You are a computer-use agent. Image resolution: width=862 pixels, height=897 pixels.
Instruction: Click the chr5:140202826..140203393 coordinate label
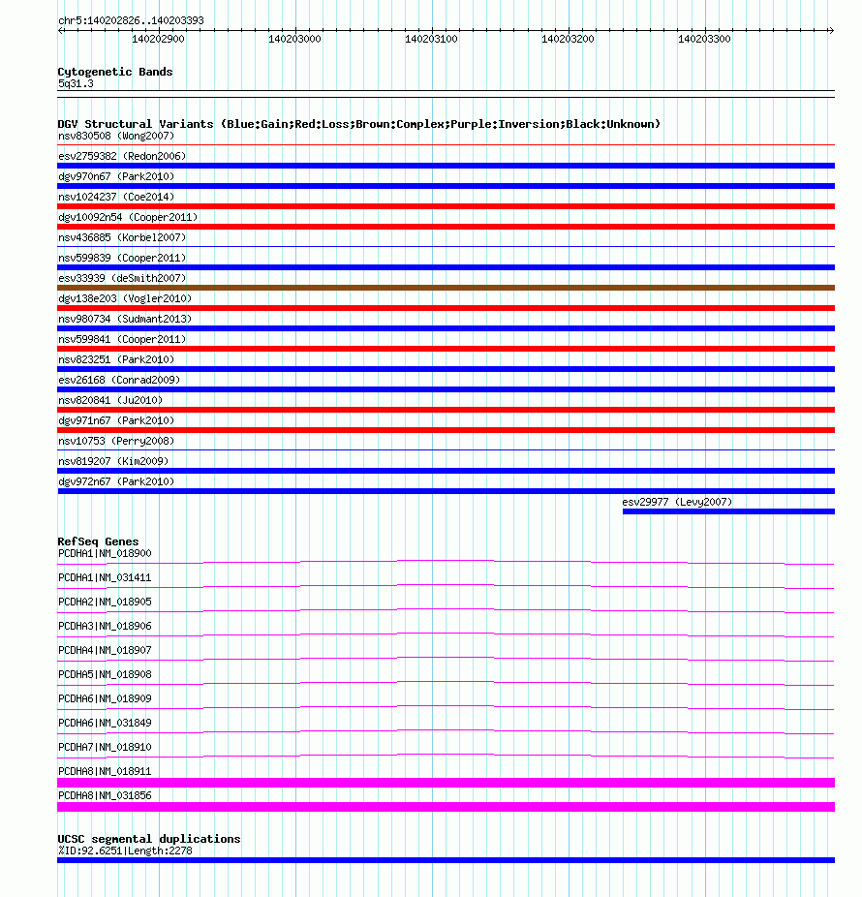pos(131,20)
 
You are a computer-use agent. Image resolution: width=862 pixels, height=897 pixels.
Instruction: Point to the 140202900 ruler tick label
pos(158,40)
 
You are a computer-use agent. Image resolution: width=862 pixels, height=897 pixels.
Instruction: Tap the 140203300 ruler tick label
pos(704,40)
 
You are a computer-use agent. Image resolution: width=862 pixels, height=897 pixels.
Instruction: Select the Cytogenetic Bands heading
pos(115,72)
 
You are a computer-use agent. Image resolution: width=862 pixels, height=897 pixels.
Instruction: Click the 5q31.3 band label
pos(76,83)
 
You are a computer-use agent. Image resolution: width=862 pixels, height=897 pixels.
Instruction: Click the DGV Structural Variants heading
pos(358,124)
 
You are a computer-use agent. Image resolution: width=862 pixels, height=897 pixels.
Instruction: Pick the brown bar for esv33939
pos(446,288)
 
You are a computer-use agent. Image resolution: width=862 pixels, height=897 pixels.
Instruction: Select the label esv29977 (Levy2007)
pos(677,502)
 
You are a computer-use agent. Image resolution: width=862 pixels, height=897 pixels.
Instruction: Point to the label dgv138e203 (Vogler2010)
pos(125,298)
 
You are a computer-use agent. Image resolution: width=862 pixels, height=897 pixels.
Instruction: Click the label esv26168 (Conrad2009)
pos(119,380)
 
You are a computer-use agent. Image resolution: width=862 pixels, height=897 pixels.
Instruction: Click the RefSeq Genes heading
pos(98,541)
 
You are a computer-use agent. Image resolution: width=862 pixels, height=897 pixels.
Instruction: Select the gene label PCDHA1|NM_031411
pos(105,577)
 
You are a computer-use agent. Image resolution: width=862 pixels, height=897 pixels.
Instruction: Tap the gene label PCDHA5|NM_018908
pos(105,674)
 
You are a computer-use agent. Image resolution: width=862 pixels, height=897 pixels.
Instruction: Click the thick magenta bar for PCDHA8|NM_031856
pos(446,807)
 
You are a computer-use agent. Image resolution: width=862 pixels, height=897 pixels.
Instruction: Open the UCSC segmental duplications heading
pos(149,839)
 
